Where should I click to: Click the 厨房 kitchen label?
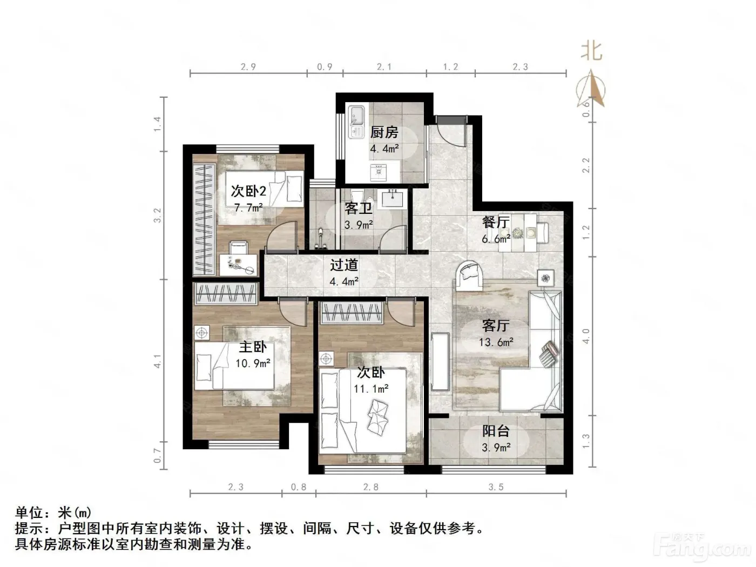pos(384,132)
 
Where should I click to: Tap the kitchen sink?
pos(356,122)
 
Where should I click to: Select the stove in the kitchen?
pos(378,172)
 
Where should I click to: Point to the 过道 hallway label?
pos(344,265)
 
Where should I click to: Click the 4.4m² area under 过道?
pos(344,281)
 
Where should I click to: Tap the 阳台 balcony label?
pos(495,431)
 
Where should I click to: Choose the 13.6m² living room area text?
pos(496,342)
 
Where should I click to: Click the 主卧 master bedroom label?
pos(253,347)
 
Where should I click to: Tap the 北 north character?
pos(591,52)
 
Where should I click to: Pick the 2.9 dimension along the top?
pos(248,67)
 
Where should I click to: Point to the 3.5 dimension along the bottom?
pos(496,487)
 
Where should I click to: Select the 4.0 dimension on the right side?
pos(586,336)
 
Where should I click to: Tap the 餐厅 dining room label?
pos(495,222)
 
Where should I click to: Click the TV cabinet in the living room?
pos(440,361)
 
